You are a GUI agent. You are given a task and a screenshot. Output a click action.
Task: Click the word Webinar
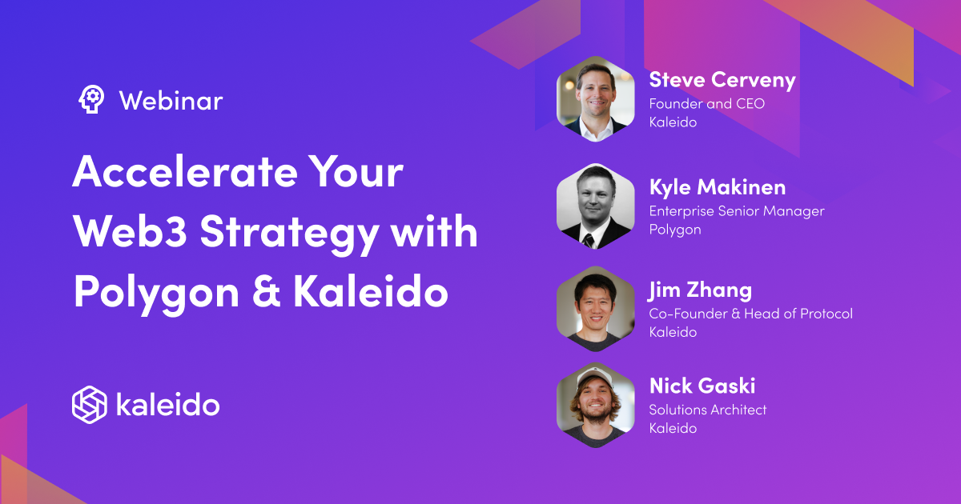[x=171, y=101]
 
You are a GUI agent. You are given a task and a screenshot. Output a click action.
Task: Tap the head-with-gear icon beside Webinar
[x=90, y=99]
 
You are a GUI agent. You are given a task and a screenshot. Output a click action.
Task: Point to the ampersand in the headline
[x=265, y=293]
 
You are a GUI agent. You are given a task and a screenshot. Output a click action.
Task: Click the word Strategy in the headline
[x=289, y=233]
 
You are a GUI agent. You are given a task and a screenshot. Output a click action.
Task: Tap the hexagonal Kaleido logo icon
[x=89, y=404]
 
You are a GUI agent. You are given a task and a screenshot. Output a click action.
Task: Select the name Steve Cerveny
[x=722, y=80]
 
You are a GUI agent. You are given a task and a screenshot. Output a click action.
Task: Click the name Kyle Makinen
[x=717, y=187]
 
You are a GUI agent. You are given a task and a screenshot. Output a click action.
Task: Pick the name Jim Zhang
[x=700, y=290]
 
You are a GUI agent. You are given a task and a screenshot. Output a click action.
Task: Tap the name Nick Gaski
[x=702, y=386]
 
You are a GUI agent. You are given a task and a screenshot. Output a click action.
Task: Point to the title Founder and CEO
[x=706, y=103]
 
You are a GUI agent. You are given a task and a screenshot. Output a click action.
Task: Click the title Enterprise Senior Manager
[x=736, y=211]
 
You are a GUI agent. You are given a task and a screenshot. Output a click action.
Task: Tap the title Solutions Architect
[x=707, y=410]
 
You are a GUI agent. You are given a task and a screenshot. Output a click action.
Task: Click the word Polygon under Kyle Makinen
[x=674, y=230]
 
